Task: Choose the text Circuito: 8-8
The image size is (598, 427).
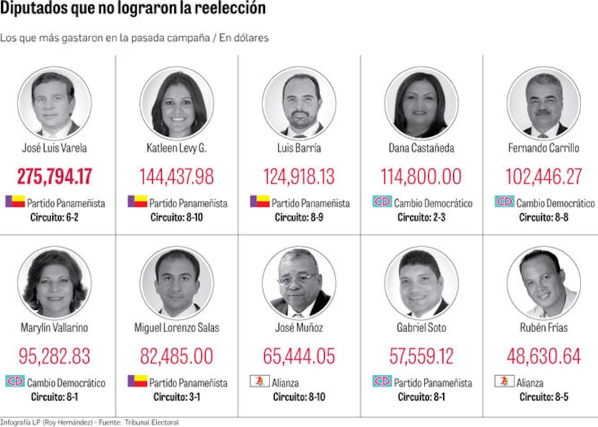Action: coord(544,217)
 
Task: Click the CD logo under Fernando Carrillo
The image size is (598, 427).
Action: coord(504,202)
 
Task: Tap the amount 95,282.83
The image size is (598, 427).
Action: coord(54,356)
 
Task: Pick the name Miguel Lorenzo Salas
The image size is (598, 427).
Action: coord(176,328)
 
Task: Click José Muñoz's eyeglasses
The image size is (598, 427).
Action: coord(297,277)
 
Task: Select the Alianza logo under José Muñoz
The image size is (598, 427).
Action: coord(259,381)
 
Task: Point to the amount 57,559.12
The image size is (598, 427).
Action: coord(421,356)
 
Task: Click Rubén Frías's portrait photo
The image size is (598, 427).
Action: coord(543,283)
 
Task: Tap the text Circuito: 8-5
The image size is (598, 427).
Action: coord(544,397)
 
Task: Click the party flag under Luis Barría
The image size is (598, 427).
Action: coord(259,202)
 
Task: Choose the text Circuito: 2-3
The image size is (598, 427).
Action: coord(421,217)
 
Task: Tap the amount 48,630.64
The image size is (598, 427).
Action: coord(544,356)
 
